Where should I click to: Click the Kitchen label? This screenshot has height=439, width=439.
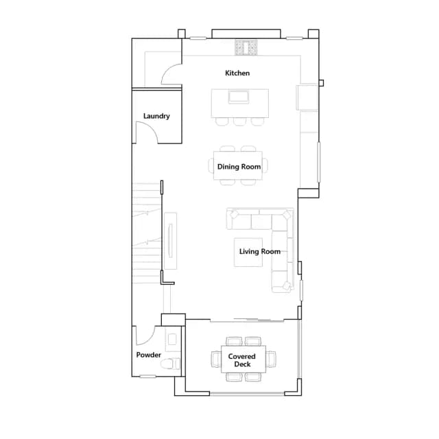click(x=237, y=73)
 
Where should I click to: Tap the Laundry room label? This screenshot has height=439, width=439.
click(x=156, y=116)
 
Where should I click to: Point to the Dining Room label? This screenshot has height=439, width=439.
click(x=239, y=167)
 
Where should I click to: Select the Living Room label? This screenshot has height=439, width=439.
click(x=260, y=252)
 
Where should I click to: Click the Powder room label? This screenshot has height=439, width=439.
click(x=148, y=355)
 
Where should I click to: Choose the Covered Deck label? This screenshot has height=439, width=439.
click(x=242, y=360)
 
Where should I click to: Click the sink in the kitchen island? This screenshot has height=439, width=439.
click(x=239, y=97)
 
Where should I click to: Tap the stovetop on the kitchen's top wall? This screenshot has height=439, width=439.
click(x=246, y=48)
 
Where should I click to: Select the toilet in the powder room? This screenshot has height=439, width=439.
click(x=171, y=364)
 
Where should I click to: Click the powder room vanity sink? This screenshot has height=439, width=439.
click(x=172, y=339)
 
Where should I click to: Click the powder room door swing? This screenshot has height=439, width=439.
click(x=145, y=335)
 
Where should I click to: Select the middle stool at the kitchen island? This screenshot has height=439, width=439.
click(x=239, y=121)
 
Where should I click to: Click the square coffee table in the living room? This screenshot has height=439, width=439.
click(x=248, y=252)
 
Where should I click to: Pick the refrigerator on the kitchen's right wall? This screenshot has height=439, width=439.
click(x=307, y=97)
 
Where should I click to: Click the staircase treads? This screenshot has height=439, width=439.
click(x=146, y=233)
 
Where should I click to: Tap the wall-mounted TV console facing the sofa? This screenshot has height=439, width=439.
click(x=170, y=241)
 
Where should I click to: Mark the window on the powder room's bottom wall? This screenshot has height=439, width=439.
click(x=148, y=377)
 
